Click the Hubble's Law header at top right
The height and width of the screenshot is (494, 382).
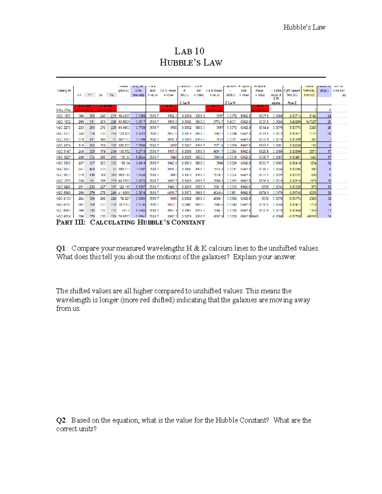pos(304,27)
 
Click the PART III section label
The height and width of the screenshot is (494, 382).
pos(71,222)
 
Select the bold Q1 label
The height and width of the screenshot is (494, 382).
pos(61,248)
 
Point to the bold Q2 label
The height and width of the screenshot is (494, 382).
pos(61,420)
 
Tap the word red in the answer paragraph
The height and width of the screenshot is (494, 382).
pos(145,300)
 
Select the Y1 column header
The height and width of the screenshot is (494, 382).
pos(90,95)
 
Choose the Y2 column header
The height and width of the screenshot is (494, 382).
pos(111,95)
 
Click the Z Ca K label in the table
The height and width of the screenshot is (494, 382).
pos(185,103)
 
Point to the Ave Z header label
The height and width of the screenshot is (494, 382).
pos(292,103)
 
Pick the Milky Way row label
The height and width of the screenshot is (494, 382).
pos(63,110)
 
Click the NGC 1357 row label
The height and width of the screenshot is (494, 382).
pos(63,116)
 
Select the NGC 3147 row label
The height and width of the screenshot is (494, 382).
pos(63,151)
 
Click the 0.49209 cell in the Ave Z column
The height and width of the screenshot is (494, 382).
pos(295,122)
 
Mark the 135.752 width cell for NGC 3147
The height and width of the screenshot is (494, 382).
pos(124,151)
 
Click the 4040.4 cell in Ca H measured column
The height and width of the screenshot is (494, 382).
pos(218,193)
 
